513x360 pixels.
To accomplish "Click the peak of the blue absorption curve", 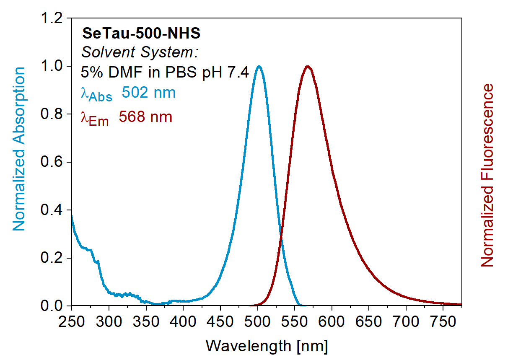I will point(259,66).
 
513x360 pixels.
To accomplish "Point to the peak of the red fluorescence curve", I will point(308,66).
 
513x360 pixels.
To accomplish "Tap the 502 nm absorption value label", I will point(149,93).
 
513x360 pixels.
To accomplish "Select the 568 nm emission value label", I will point(145,117).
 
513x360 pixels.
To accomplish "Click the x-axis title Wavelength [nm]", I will point(267,346).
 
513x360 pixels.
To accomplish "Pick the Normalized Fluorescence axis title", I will point(487,175).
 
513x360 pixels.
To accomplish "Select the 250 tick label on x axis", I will point(72,322).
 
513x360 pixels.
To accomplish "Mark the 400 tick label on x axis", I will point(183,322).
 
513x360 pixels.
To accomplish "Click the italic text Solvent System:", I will point(139,53).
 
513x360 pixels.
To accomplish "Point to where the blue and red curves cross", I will point(280,239).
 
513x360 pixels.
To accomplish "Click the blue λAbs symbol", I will point(96,94).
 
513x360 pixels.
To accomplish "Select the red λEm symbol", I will point(95,119).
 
